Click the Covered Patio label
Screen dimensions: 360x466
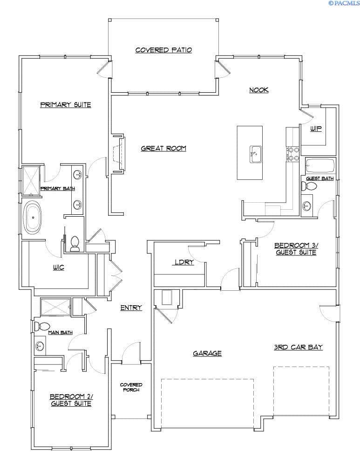pyautogui.click(x=163, y=50)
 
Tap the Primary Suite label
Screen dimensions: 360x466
pyautogui.click(x=66, y=104)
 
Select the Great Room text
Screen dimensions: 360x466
pyautogui.click(x=163, y=148)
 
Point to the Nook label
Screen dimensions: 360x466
pyautogui.click(x=259, y=90)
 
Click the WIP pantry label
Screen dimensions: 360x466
pyautogui.click(x=316, y=129)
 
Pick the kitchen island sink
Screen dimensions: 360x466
pyautogui.click(x=255, y=154)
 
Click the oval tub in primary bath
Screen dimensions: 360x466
pyautogui.click(x=33, y=217)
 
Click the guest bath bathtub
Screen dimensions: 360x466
pyautogui.click(x=320, y=165)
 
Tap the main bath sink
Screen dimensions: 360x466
pyautogui.click(x=40, y=346)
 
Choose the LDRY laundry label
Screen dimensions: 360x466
pyautogui.click(x=184, y=262)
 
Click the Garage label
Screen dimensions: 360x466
pyautogui.click(x=207, y=353)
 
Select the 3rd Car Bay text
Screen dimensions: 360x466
pyautogui.click(x=298, y=347)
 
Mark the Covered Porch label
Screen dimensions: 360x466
pyautogui.click(x=131, y=387)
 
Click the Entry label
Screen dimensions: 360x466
pyautogui.click(x=131, y=308)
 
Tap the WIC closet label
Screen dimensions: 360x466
pyautogui.click(x=59, y=267)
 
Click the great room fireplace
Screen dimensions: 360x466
pyautogui.click(x=119, y=154)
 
